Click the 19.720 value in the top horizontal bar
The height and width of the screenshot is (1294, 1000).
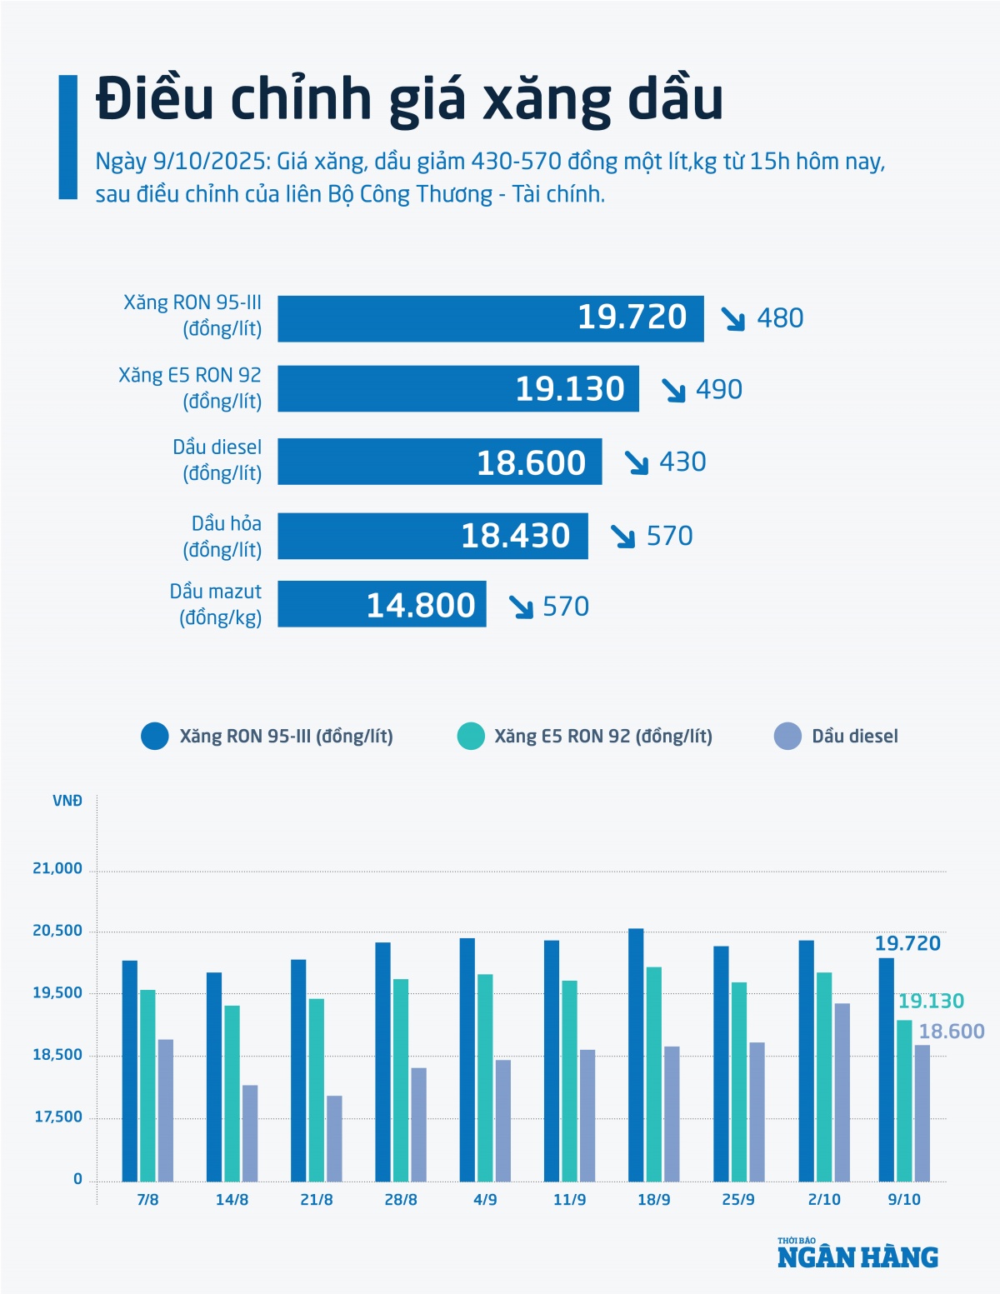click(632, 317)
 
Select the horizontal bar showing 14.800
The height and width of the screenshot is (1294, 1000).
click(382, 604)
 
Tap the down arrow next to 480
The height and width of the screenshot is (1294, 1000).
click(732, 318)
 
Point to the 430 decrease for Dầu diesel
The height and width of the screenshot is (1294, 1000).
click(682, 462)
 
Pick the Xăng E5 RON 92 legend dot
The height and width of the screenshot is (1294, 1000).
click(471, 737)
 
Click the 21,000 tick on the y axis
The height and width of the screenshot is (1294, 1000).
click(57, 869)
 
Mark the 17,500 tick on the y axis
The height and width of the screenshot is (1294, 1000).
click(58, 1117)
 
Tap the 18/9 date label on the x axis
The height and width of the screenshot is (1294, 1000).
click(653, 1200)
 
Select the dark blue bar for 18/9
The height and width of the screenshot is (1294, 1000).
click(636, 1054)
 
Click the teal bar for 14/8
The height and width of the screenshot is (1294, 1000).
click(232, 1093)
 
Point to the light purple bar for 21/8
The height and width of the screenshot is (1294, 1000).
click(334, 1138)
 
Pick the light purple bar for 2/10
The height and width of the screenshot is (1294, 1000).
click(842, 1092)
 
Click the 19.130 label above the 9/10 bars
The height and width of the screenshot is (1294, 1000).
click(931, 1002)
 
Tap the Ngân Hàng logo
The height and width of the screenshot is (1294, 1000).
click(857, 1254)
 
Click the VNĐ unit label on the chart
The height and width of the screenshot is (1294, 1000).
click(67, 802)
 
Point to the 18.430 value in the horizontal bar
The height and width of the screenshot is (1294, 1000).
click(515, 536)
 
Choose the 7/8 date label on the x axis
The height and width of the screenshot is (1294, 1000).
click(147, 1200)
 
